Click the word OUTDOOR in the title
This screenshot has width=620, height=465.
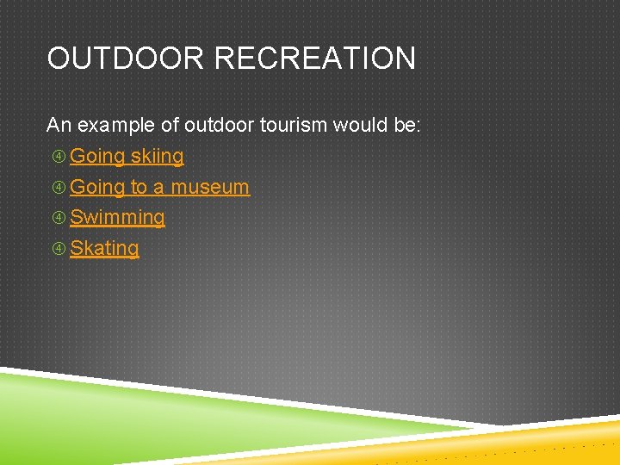pyautogui.click(x=126, y=59)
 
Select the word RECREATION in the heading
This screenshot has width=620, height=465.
pyautogui.click(x=314, y=59)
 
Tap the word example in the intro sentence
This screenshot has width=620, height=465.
pyautogui.click(x=116, y=125)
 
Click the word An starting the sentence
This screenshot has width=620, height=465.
pyautogui.click(x=59, y=125)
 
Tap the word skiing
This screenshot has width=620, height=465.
pyautogui.click(x=157, y=156)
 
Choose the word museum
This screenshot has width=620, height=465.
pyautogui.click(x=210, y=187)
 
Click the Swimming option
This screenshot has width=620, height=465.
pyautogui.click(x=117, y=218)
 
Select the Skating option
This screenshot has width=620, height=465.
pyautogui.click(x=104, y=248)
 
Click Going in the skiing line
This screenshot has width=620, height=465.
pyautogui.click(x=97, y=156)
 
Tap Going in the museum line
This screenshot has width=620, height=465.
pyautogui.click(x=97, y=187)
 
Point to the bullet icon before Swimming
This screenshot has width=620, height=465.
pyautogui.click(x=59, y=218)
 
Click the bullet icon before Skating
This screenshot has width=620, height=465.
pyautogui.click(x=59, y=249)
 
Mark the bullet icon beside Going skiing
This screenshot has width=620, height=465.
pyautogui.click(x=59, y=157)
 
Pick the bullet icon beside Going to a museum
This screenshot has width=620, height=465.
pyautogui.click(x=59, y=187)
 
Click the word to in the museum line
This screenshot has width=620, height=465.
pyautogui.click(x=139, y=187)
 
